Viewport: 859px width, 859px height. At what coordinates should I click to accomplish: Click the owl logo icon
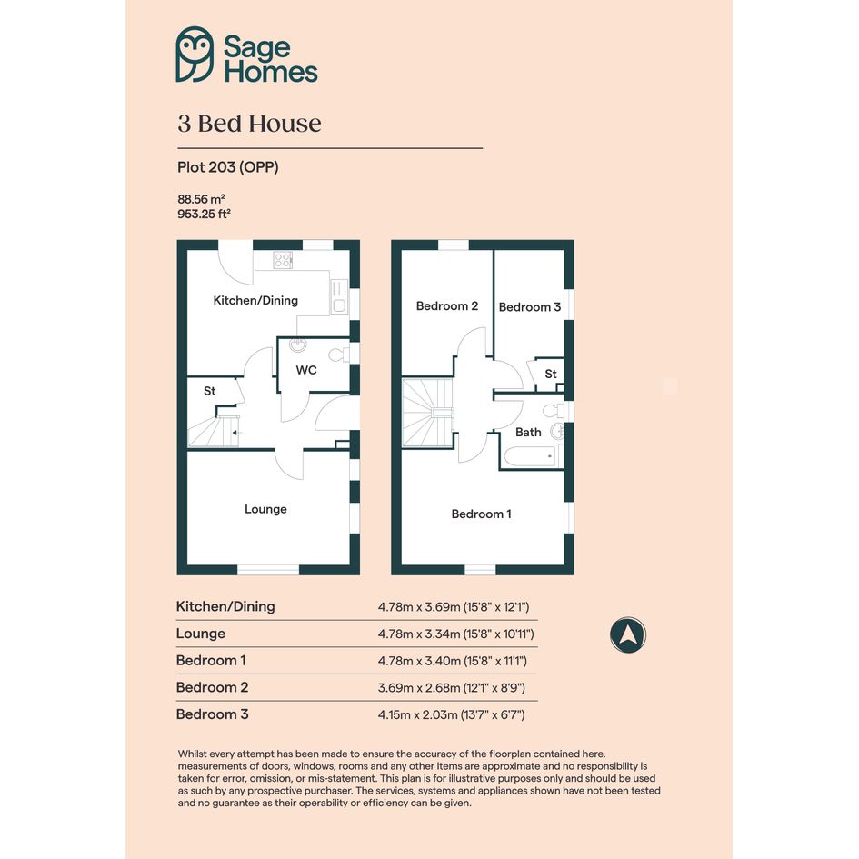click(195, 55)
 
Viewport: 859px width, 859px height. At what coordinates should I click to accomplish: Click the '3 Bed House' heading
click(249, 124)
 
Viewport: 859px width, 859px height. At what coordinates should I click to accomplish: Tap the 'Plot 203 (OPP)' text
click(228, 167)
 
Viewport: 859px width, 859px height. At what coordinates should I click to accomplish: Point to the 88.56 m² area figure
click(201, 199)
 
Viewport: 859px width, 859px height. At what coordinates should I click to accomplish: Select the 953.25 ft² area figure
click(204, 214)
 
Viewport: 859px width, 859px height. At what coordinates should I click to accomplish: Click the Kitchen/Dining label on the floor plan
click(255, 300)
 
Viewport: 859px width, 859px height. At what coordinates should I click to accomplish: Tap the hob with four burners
click(283, 260)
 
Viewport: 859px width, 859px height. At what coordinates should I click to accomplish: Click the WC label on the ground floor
click(306, 370)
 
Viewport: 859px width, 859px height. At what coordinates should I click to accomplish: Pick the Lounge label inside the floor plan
click(265, 509)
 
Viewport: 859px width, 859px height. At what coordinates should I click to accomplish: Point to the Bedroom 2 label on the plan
click(447, 305)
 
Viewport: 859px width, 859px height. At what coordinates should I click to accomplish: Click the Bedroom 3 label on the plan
click(530, 307)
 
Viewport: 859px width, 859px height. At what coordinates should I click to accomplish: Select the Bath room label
click(528, 433)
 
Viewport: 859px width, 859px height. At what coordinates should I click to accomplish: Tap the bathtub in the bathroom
click(530, 456)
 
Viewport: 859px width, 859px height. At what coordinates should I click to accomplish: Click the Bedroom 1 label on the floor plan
click(482, 514)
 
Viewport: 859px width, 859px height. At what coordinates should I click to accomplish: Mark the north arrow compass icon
click(628, 635)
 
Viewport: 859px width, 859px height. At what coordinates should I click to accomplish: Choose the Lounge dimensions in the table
click(455, 634)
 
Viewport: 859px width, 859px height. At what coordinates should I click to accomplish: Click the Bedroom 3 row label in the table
click(212, 714)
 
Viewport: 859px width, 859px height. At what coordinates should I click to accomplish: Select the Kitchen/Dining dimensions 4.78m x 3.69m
click(454, 607)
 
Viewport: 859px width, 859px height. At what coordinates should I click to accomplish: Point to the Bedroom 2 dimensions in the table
click(452, 687)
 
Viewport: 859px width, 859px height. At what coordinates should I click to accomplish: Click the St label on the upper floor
click(551, 374)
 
